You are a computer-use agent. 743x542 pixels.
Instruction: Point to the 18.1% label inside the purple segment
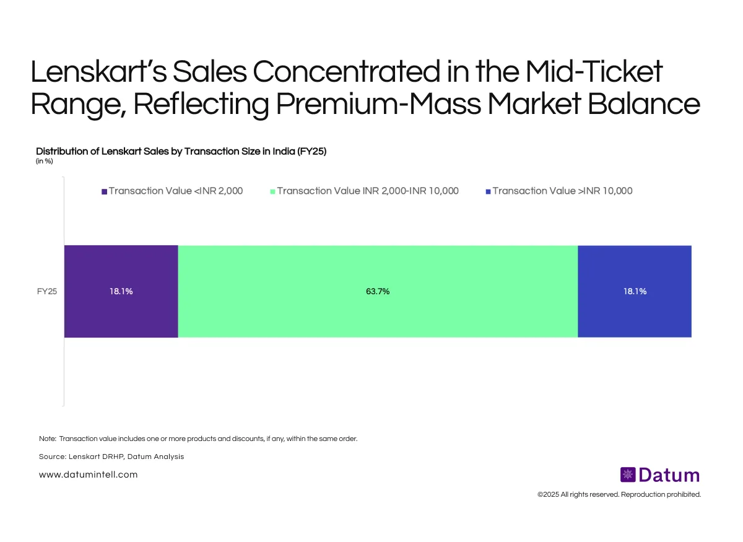pos(121,291)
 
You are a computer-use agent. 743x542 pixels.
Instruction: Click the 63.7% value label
pos(378,291)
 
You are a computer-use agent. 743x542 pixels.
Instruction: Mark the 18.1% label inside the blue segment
pos(635,291)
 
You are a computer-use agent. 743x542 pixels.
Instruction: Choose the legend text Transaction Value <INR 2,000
pos(176,191)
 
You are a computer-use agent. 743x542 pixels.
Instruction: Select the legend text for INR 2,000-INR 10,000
pos(368,191)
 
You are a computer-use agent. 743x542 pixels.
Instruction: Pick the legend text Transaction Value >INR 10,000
pos(562,191)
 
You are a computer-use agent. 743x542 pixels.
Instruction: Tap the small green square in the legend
pos(272,191)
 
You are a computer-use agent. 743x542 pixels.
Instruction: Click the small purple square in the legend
pos(104,191)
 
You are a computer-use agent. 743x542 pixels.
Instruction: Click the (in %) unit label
pos(45,162)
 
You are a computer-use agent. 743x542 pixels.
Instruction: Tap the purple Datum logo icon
pos(628,475)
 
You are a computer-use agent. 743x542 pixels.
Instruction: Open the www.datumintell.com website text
pos(88,474)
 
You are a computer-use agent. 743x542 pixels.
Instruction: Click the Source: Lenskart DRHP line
pos(111,457)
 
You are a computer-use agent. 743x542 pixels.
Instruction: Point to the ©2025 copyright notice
pos(619,494)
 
